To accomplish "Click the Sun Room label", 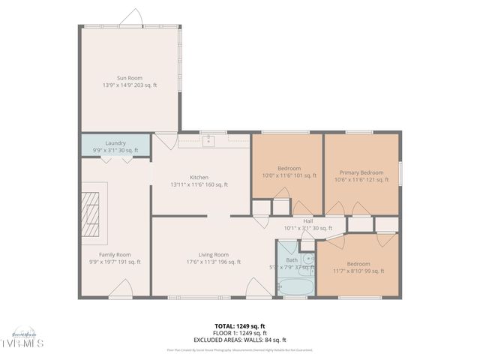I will pyautogui.click(x=129, y=77).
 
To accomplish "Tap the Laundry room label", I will pyautogui.click(x=115, y=142).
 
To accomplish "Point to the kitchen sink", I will pyautogui.click(x=209, y=140).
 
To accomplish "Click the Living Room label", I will pyautogui.click(x=214, y=254).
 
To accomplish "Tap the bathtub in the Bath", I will pyautogui.click(x=296, y=287).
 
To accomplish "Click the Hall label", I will pyautogui.click(x=307, y=221).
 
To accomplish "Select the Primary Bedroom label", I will pyautogui.click(x=361, y=172).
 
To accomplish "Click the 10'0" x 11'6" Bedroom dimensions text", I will pyautogui.click(x=289, y=175).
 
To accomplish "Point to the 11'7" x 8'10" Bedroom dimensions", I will pyautogui.click(x=358, y=271).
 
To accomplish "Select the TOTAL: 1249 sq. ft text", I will pyautogui.click(x=239, y=326).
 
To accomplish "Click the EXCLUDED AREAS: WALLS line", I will pyautogui.click(x=239, y=340).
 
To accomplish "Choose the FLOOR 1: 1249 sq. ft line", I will pyautogui.click(x=239, y=333).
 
